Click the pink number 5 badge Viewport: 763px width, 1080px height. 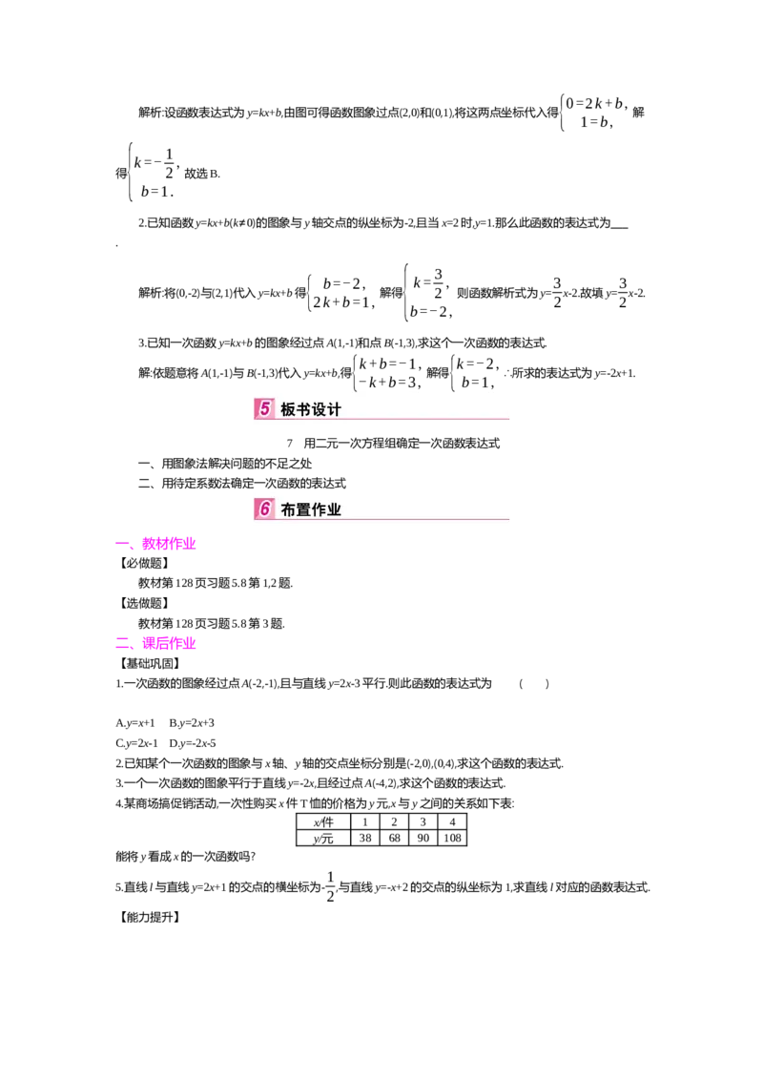(x=264, y=409)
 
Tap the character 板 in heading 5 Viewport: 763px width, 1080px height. (x=288, y=410)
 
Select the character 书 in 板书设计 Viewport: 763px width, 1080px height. (x=304, y=410)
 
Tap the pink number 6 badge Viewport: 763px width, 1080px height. (x=264, y=509)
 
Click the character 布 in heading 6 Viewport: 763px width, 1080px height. (x=288, y=510)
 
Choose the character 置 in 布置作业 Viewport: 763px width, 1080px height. (x=304, y=510)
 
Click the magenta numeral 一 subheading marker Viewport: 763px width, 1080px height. (x=121, y=545)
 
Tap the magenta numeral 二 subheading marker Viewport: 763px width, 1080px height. (x=121, y=644)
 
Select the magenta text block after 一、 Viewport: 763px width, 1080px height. (x=169, y=544)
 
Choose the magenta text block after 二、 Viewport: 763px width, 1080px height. (x=169, y=644)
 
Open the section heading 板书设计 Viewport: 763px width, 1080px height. (x=311, y=410)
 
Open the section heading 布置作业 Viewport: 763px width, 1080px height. (x=311, y=510)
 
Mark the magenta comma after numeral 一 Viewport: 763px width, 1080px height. (x=134, y=549)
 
